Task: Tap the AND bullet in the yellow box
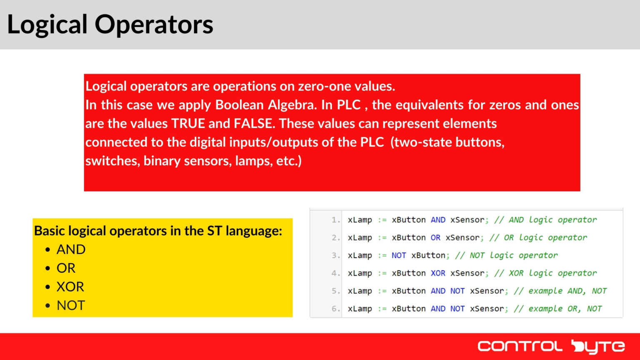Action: click(71, 250)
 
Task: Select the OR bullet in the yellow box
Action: click(66, 268)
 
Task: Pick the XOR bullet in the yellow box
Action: click(70, 287)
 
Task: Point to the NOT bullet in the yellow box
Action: click(70, 305)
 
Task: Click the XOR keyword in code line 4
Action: click(438, 273)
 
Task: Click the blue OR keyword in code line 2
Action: click(435, 237)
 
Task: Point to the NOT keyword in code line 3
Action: click(399, 255)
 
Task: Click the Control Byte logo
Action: click(551, 346)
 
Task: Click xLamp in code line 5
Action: click(360, 291)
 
